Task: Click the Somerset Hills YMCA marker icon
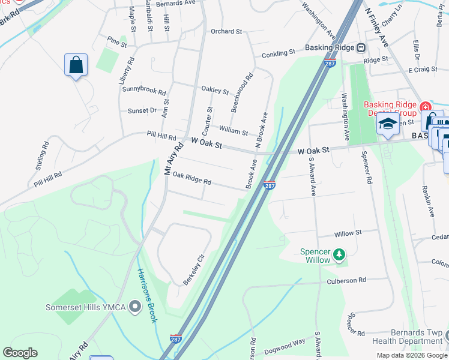click(x=134, y=307)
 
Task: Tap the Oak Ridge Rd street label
click(x=191, y=179)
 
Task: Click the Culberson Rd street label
click(x=346, y=280)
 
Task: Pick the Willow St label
click(x=348, y=233)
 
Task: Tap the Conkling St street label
click(x=278, y=53)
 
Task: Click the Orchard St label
click(x=226, y=31)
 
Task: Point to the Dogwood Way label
click(x=286, y=343)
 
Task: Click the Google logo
click(x=20, y=353)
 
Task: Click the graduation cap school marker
click(x=388, y=125)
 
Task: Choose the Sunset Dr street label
click(x=142, y=110)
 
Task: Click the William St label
click(x=234, y=130)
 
